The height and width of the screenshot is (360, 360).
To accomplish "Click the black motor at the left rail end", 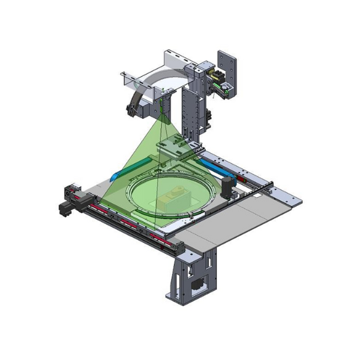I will coord(64,208).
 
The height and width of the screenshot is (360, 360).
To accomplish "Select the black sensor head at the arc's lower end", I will coord(130,110).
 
